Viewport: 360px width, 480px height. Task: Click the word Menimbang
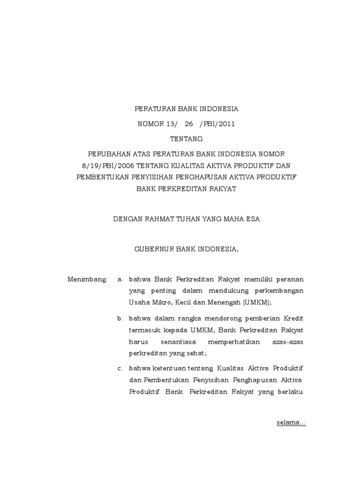[x=88, y=279]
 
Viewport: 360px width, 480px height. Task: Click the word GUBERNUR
[x=154, y=249]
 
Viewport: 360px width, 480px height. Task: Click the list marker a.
[x=120, y=279]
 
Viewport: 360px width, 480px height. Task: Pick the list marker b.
[x=120, y=319]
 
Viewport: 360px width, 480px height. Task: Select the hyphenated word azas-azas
[x=288, y=342]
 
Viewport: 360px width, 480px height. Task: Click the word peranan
[x=290, y=279]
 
